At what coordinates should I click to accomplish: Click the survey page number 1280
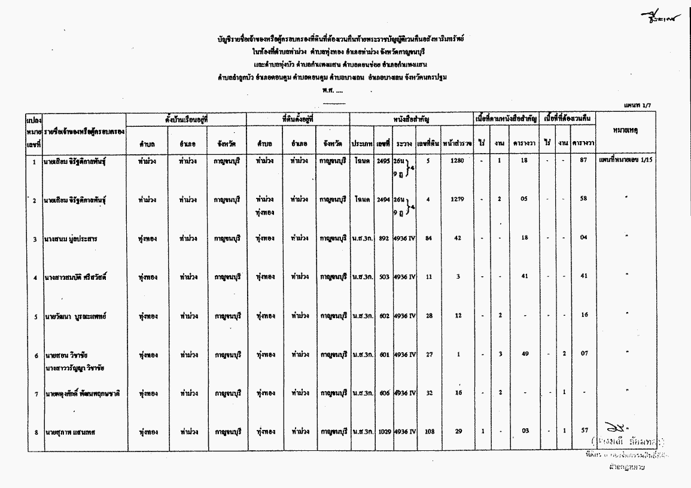456,161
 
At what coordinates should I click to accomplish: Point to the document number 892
384,238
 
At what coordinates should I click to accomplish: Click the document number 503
384,276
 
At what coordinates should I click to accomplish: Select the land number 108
428,431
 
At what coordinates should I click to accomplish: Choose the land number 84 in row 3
428,238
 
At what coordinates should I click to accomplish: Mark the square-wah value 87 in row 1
583,161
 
